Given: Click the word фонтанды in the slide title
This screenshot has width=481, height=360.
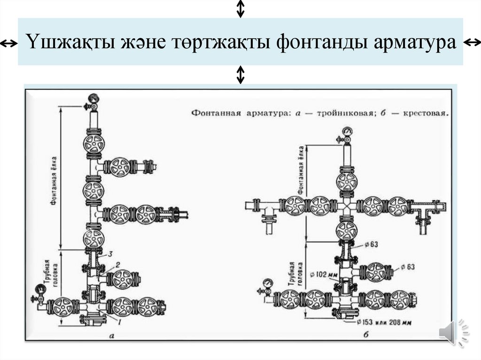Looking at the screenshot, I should click(321, 42).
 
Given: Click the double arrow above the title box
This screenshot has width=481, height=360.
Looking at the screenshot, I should click(240, 9).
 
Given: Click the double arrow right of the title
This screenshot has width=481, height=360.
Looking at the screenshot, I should click(472, 43).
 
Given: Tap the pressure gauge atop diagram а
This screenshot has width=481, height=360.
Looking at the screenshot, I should click(93, 99).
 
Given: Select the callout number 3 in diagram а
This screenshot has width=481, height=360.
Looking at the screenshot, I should click(110, 254).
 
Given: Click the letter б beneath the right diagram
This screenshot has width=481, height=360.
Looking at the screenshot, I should click(365, 335).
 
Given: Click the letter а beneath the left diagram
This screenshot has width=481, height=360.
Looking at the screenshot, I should click(112, 335).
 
